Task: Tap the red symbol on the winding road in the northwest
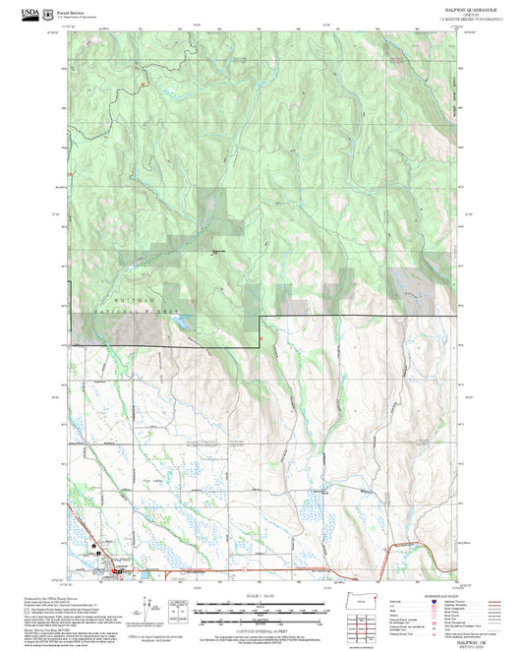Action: click(x=145, y=86)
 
